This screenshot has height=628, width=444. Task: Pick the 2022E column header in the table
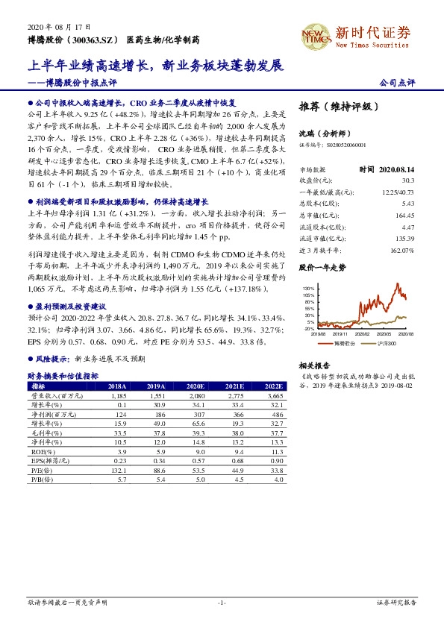[x=274, y=386]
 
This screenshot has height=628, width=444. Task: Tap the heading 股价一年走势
[x=322, y=266]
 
